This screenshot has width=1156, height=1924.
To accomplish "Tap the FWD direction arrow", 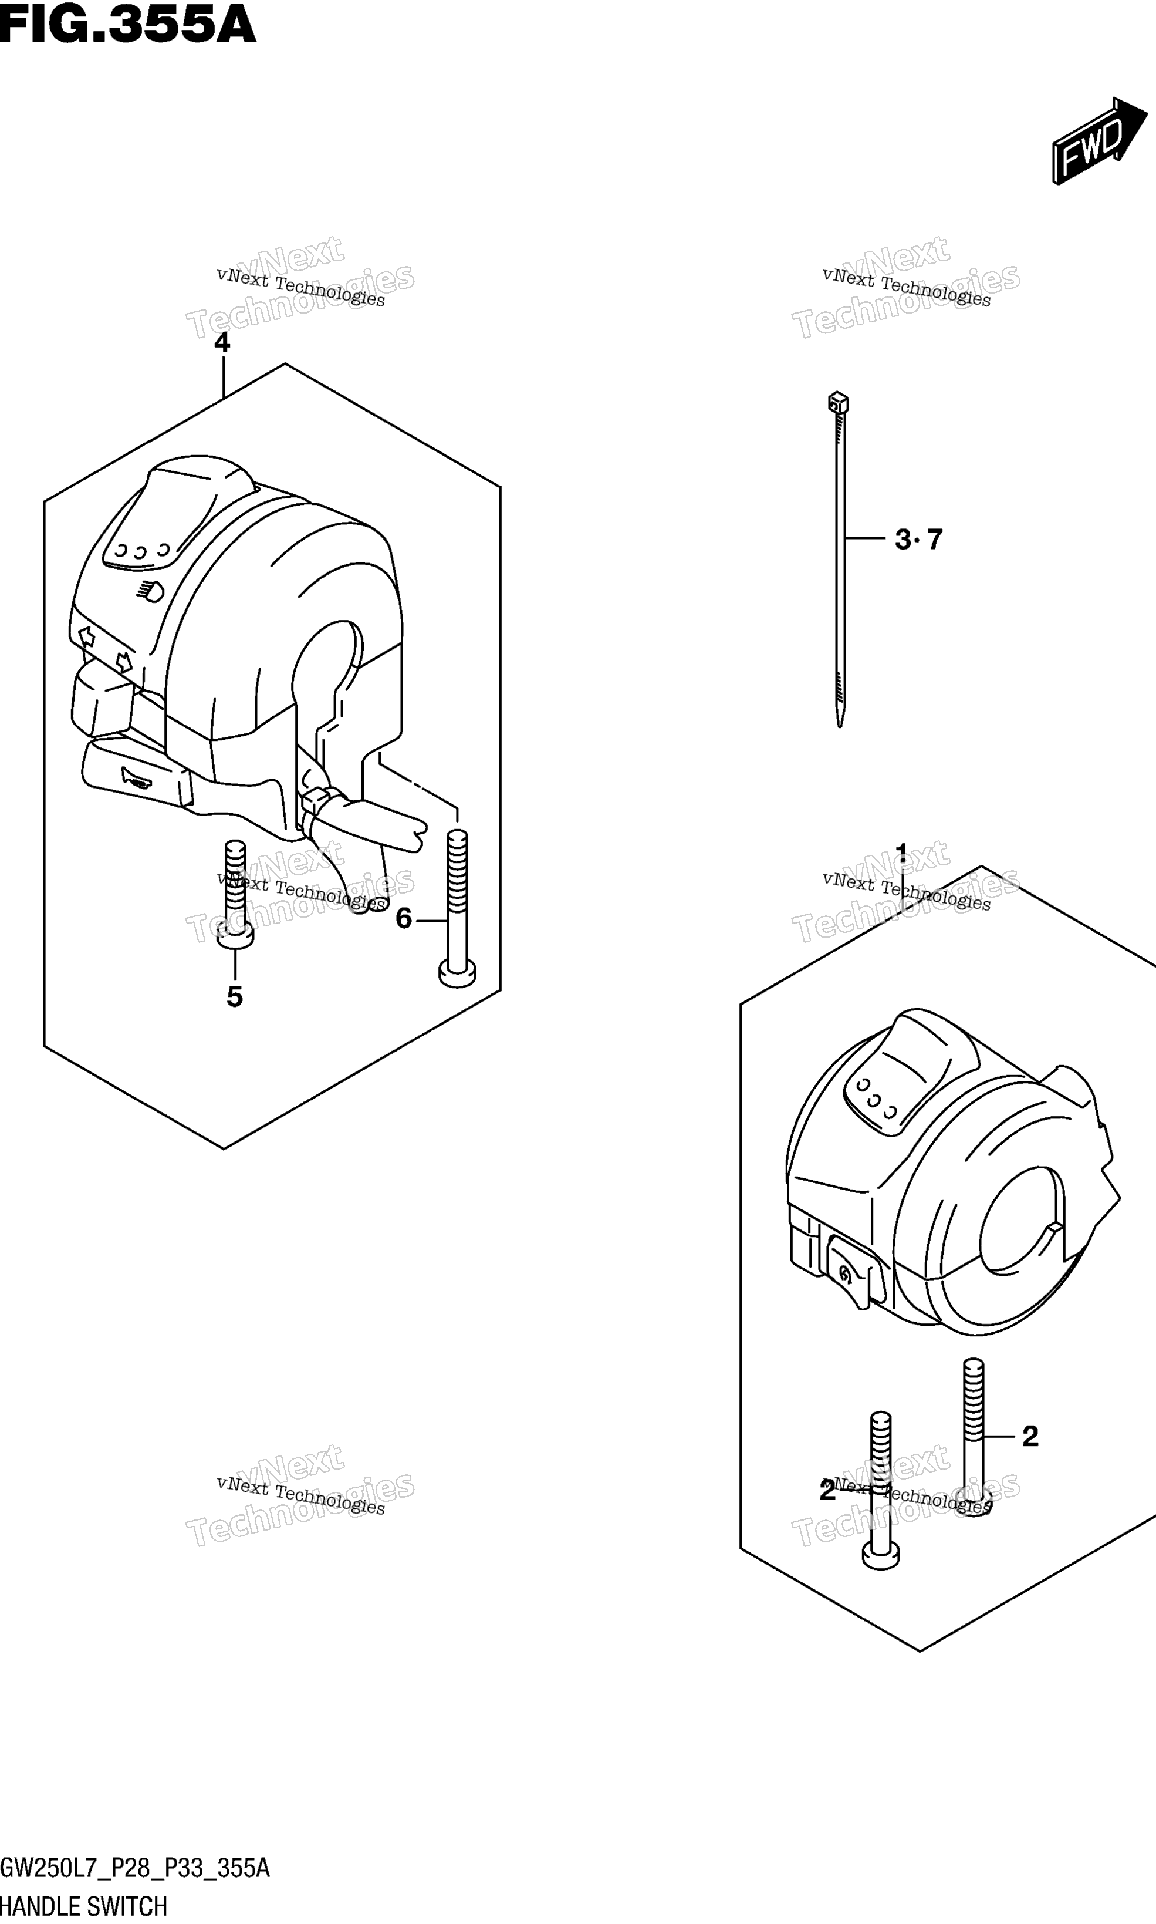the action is [x=1099, y=140].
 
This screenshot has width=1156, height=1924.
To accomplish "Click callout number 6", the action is [x=404, y=919].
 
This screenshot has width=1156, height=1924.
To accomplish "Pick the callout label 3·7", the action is [x=919, y=538].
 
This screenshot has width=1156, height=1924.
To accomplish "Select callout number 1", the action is [x=902, y=852].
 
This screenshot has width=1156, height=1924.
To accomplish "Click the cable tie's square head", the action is [x=838, y=402].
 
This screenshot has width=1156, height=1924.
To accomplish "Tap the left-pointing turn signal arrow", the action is [x=86, y=636].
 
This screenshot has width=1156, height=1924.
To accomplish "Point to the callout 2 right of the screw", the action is [x=1030, y=1436].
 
